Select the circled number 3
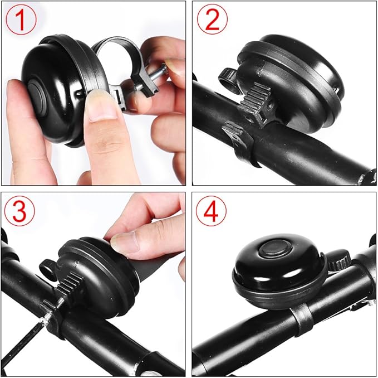[x=21, y=211]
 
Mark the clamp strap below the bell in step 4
[x=301, y=321]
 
